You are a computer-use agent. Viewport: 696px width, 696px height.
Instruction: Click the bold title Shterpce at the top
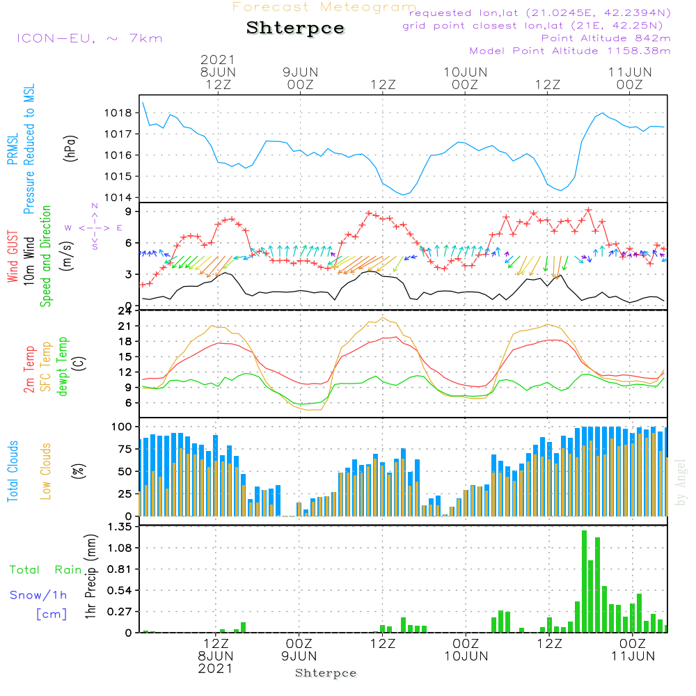[295, 29]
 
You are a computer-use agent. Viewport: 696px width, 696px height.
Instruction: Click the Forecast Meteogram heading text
[324, 7]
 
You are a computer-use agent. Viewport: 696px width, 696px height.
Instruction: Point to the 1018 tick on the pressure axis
[118, 113]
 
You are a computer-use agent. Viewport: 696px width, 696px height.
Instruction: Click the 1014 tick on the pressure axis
[118, 198]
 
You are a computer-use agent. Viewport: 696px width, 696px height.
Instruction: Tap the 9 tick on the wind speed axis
[129, 211]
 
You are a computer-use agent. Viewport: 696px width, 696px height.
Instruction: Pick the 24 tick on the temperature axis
[125, 310]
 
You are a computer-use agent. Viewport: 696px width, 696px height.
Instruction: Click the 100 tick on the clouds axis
[122, 426]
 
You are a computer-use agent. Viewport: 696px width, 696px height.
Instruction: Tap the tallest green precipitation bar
[584, 581]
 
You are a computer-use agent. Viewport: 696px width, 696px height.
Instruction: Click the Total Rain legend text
[45, 570]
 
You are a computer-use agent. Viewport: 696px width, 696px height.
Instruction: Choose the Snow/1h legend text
[38, 595]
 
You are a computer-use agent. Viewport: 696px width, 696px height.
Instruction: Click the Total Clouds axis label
[13, 471]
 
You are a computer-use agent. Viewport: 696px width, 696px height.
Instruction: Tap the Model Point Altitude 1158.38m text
[570, 51]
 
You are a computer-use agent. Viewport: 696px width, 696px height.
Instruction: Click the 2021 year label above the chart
[218, 59]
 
